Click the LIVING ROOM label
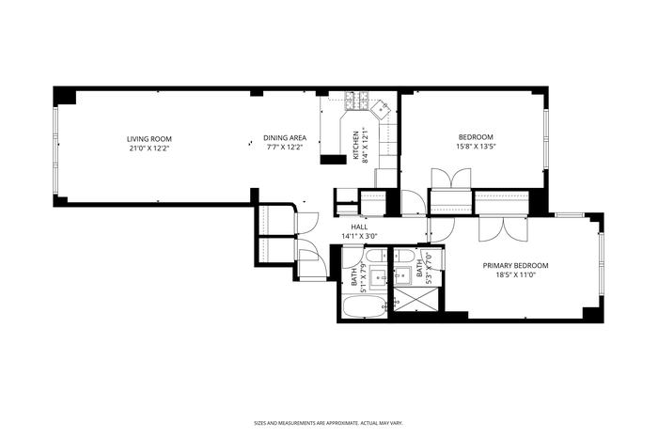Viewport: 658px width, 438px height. click(x=149, y=139)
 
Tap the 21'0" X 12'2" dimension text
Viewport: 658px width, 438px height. click(x=149, y=149)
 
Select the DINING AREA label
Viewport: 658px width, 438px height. click(x=285, y=137)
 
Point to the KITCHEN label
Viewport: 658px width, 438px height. click(x=356, y=145)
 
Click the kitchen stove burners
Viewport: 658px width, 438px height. click(x=356, y=101)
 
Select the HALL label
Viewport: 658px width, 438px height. click(x=360, y=227)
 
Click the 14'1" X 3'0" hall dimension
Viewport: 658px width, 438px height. click(x=360, y=236)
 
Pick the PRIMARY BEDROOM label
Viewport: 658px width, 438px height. click(x=515, y=266)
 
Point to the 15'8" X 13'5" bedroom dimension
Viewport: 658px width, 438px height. click(x=476, y=147)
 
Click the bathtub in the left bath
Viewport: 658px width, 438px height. click(x=365, y=307)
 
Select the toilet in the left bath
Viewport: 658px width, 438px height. click(x=376, y=255)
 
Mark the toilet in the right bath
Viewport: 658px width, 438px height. click(x=404, y=255)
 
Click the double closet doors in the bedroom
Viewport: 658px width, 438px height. click(x=451, y=180)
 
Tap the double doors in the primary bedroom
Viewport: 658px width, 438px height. click(x=503, y=229)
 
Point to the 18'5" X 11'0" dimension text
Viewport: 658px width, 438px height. click(x=515, y=275)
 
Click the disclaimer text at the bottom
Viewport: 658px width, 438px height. click(x=329, y=423)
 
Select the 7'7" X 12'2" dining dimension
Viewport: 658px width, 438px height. click(x=285, y=148)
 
